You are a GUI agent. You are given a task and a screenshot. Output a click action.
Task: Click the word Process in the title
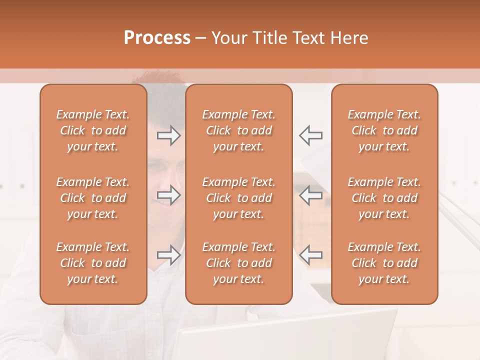coord(157,38)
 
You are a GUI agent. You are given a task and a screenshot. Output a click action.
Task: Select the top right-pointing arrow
coord(168,135)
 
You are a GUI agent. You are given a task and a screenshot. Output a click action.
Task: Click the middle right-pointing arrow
coord(168,195)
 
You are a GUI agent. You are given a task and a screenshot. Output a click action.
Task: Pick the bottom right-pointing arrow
coord(168,255)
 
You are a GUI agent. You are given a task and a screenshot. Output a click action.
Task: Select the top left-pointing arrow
coord(311,135)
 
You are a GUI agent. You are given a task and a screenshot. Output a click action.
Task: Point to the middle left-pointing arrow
coord(311,195)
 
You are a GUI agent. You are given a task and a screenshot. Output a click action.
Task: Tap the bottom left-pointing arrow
coord(311,255)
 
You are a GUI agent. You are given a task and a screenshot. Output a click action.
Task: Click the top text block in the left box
coord(93,130)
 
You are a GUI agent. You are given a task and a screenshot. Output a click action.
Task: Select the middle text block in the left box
coord(93,198)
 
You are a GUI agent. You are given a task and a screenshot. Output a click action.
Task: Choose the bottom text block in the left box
coord(93,263)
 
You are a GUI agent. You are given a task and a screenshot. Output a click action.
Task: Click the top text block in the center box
coord(238,130)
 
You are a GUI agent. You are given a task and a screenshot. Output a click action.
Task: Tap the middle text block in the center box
coord(238,198)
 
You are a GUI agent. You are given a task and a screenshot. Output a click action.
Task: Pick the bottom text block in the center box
coord(238,263)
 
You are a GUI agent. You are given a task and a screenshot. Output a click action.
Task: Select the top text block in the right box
coord(384,130)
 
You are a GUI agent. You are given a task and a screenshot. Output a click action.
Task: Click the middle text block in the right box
coord(384,198)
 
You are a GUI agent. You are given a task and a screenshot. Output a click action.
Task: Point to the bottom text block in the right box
coord(384,263)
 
